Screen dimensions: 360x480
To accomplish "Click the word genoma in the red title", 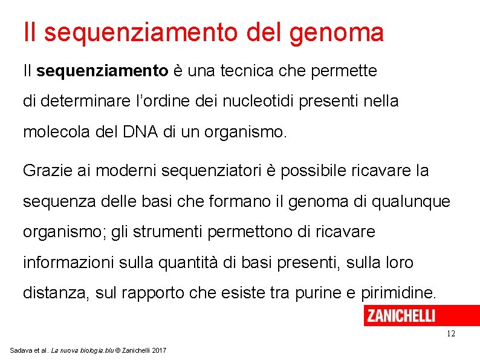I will (x=336, y=33).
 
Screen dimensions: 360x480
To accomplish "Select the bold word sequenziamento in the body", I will (x=102, y=71).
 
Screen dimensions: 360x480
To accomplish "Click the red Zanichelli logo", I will (x=400, y=315).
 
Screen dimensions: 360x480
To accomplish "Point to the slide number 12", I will (x=450, y=334).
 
